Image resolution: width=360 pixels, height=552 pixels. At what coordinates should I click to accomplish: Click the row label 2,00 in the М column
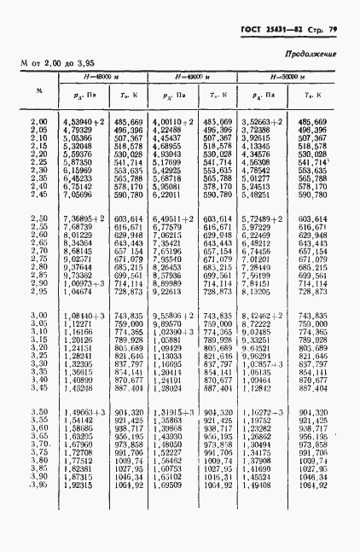[39, 123]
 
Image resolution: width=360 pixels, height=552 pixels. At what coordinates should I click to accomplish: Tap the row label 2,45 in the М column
[39, 195]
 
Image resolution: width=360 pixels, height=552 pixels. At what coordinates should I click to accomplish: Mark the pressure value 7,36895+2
[83, 220]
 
